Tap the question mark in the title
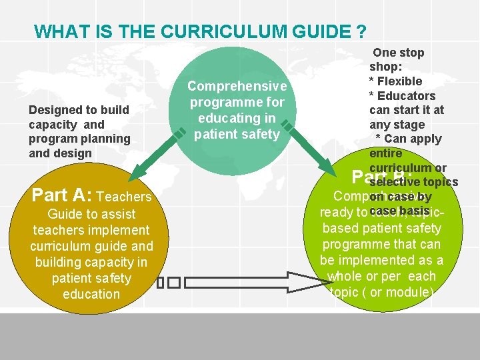(x=361, y=31)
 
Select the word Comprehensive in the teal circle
(x=237, y=87)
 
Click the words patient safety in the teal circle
(x=237, y=134)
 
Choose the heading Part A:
(x=62, y=195)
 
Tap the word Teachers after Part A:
(x=124, y=197)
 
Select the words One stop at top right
(x=399, y=52)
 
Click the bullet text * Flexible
(x=395, y=81)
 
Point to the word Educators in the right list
(x=406, y=95)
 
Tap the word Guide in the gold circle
(x=64, y=214)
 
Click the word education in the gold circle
(x=91, y=294)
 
